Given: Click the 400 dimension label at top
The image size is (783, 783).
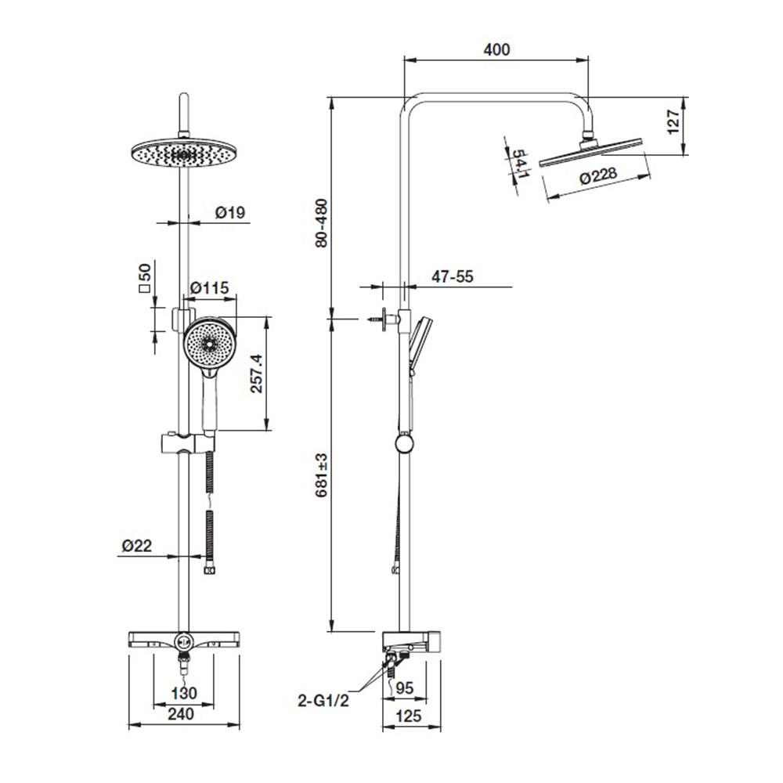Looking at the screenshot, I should point(496,50).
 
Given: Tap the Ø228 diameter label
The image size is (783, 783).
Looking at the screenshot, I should point(597,179).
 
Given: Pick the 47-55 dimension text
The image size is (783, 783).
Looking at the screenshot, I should point(453,276).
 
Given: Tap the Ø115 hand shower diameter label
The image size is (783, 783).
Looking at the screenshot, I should point(210,288).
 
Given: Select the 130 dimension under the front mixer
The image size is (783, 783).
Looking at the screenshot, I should point(185,693).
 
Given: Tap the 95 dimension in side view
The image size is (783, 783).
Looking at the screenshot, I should point(405,690).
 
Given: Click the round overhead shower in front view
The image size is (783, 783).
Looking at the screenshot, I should point(181,155).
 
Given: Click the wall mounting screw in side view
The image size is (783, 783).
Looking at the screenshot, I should point(376,319).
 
